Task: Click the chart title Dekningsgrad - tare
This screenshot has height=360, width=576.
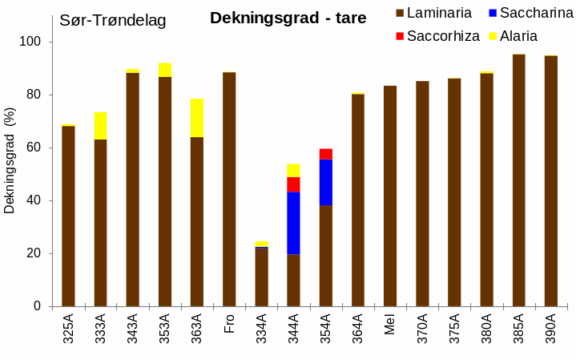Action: click(x=288, y=18)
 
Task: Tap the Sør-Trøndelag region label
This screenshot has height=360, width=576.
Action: click(x=113, y=21)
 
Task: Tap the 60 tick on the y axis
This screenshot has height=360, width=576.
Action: click(x=37, y=148)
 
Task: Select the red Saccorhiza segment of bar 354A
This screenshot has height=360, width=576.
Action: click(x=325, y=154)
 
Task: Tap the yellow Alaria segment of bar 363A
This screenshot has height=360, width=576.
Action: click(x=197, y=118)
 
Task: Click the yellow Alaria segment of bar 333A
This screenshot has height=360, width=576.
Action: click(x=100, y=126)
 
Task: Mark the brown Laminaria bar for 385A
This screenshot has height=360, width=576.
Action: click(x=518, y=180)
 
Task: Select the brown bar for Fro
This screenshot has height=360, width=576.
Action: click(x=229, y=189)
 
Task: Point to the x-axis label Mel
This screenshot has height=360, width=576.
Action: click(x=390, y=329)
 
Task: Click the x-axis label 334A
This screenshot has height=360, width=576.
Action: click(x=261, y=331)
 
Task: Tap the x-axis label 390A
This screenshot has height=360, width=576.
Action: click(x=551, y=331)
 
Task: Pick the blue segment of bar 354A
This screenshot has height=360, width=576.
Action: click(x=325, y=182)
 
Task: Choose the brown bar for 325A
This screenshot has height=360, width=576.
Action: click(x=68, y=216)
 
